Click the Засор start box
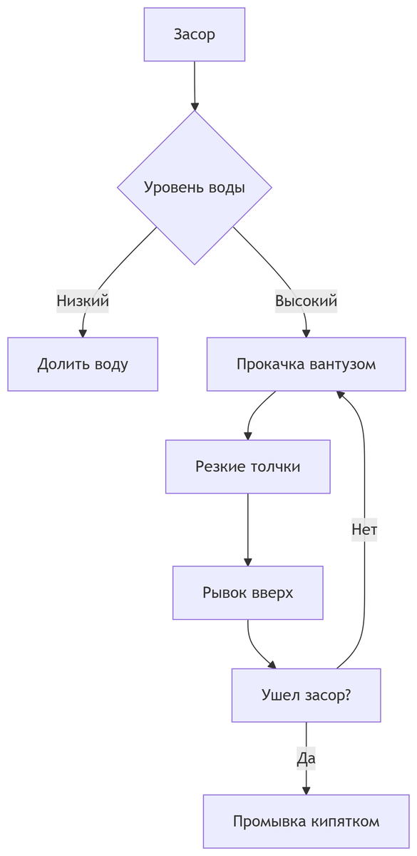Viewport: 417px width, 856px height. point(194,34)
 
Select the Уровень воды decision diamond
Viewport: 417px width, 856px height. point(194,188)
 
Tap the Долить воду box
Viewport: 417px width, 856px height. point(83,365)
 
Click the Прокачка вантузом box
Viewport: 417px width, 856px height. point(306,365)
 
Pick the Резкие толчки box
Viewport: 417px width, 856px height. point(247,467)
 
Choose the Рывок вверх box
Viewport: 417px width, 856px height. point(247,593)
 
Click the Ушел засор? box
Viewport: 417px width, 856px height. point(306,695)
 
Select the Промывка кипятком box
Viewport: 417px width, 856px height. point(306,821)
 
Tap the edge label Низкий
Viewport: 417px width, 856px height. point(83,301)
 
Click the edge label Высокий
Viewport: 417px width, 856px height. point(306,301)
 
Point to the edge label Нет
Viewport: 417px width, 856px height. point(364,529)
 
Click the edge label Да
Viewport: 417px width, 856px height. point(306,758)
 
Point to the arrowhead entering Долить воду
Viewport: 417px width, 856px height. point(83,332)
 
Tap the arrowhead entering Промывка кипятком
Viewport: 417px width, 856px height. point(306,790)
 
